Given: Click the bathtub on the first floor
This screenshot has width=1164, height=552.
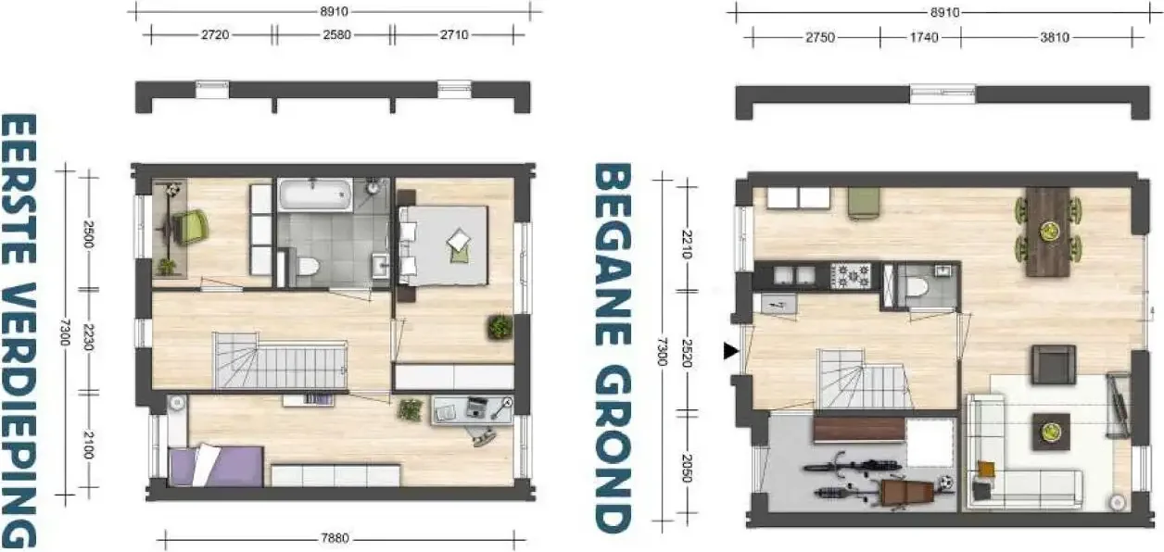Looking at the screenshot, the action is (315, 194).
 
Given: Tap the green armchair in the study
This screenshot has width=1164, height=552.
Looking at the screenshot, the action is (190, 227).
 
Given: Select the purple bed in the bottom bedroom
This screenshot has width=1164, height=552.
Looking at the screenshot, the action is (216, 466).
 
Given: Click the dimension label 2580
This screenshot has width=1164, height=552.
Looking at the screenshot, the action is (336, 35).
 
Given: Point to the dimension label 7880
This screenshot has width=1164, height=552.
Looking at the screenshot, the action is (335, 538).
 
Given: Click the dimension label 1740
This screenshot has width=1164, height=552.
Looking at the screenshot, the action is (924, 37).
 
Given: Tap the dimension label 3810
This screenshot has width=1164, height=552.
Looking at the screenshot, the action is (1055, 37).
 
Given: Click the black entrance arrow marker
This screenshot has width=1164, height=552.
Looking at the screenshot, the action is (731, 352).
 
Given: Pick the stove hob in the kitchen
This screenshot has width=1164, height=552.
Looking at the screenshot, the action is (850, 276).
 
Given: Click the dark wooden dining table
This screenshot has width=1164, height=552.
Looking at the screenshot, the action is (1047, 232).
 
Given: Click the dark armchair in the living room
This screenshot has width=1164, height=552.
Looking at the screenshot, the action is (1054, 365).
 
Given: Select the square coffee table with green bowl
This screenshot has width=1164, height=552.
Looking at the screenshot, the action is (1051, 432).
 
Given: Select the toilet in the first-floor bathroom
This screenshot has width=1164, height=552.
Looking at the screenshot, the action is (307, 267).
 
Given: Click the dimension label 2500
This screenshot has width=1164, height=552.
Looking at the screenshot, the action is (88, 234).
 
